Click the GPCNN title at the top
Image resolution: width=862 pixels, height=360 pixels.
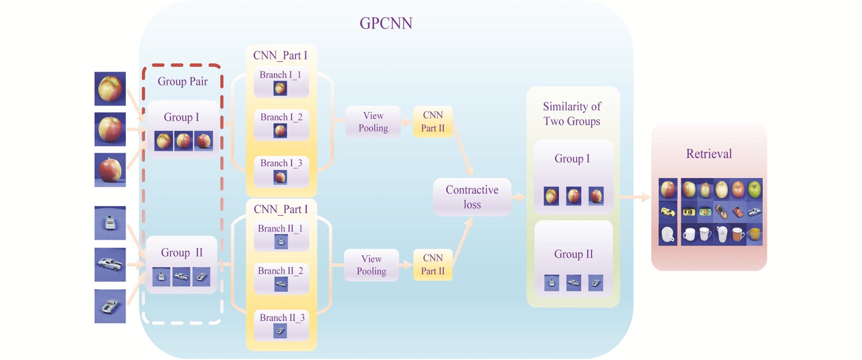[386, 23]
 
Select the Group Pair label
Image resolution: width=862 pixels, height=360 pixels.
[183, 82]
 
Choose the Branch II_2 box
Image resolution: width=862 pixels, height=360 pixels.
[281, 277]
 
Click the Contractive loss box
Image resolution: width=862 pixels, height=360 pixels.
[472, 197]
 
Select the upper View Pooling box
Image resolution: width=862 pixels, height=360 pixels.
[373, 122]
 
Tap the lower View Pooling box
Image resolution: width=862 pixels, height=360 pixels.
[371, 265]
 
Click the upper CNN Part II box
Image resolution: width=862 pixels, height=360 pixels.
[433, 122]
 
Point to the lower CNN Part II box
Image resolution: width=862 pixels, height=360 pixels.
[433, 265]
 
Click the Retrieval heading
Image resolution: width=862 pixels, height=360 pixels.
[709, 154]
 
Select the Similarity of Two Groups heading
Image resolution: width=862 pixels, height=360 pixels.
[571, 114]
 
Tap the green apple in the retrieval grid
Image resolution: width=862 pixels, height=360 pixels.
[754, 189]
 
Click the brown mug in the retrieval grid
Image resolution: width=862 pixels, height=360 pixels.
[754, 234]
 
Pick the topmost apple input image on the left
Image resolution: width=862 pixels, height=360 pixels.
[110, 88]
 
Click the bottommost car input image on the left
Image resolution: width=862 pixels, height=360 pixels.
[110, 306]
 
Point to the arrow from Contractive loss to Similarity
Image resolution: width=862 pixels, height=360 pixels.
[519, 197]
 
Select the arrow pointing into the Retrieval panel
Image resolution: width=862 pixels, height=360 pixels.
[636, 197]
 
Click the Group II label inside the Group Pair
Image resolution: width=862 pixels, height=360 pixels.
[181, 253]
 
